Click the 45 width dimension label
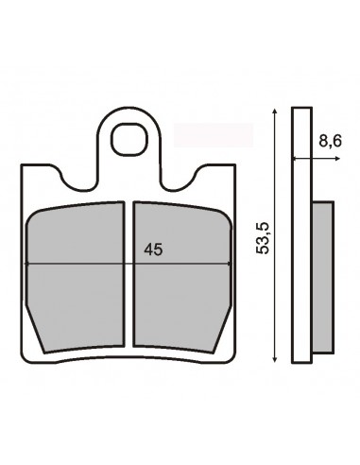point(153,250)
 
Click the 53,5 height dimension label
point(263,237)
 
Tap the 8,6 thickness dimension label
point(330,141)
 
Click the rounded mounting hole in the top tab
point(129,140)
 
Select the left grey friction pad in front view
point(75,277)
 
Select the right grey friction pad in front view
point(182,277)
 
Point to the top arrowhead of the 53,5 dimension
point(275,111)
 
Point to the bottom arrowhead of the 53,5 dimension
point(275,359)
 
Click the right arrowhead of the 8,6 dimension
point(337,159)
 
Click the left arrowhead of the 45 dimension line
point(27,264)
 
